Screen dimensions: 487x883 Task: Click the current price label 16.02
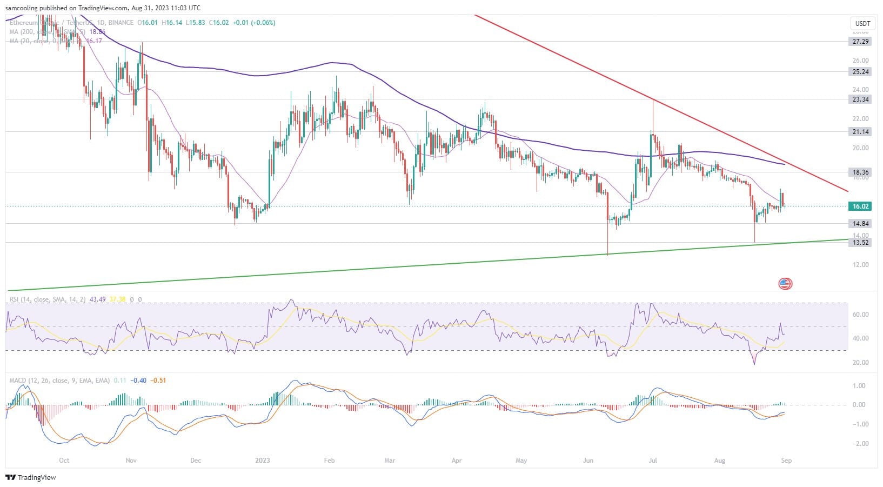pos(860,206)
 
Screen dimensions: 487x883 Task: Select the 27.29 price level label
pos(860,42)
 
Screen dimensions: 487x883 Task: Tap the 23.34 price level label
pos(860,99)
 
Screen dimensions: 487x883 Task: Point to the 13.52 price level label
pos(860,243)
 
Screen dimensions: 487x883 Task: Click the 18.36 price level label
pos(860,172)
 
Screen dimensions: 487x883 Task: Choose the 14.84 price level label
pos(860,224)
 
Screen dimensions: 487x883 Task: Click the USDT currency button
pos(862,24)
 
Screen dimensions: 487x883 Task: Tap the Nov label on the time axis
pos(130,461)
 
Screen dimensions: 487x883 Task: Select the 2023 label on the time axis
pos(262,461)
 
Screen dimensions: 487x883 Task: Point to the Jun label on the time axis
pos(588,461)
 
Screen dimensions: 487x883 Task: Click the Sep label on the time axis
pos(786,461)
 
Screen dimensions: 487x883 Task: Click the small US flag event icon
pos(785,283)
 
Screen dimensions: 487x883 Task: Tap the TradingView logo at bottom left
pos(31,478)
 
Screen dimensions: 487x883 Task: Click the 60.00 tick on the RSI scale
pos(860,315)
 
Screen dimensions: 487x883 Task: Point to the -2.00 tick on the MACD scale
pos(860,444)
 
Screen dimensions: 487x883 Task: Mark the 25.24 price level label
pos(860,72)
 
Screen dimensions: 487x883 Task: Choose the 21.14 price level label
pos(860,132)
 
